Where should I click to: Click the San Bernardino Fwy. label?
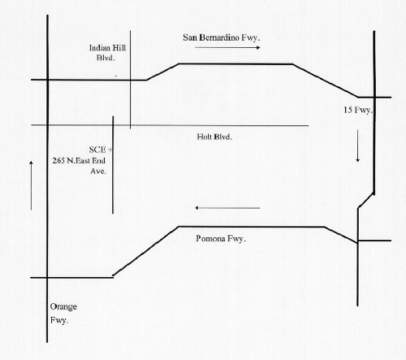pos(222,37)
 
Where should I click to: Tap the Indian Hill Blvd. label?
pos(107,53)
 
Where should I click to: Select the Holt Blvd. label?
pos(214,137)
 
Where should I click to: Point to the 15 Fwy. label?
pos(358,110)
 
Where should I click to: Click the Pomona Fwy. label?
pos(221,239)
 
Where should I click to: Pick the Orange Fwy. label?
pos(63,314)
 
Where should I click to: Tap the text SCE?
pos(97,150)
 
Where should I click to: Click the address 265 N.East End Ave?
pos(79,166)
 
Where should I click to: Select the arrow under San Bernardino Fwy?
pos(227,48)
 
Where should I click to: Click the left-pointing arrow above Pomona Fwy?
pos(227,208)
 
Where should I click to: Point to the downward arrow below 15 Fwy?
pos(357,145)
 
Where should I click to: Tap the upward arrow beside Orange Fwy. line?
pos(31,185)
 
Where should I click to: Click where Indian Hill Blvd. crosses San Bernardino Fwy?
pos(130,80)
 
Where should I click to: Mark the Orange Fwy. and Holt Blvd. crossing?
pos(47,125)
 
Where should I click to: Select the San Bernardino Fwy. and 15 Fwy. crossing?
pos(374,97)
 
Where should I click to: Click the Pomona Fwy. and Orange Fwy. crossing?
pos(47,277)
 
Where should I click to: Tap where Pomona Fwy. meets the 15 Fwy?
pos(357,241)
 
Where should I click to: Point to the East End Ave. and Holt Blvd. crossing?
pos(113,125)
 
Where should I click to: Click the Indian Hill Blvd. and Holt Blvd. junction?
pos(130,125)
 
